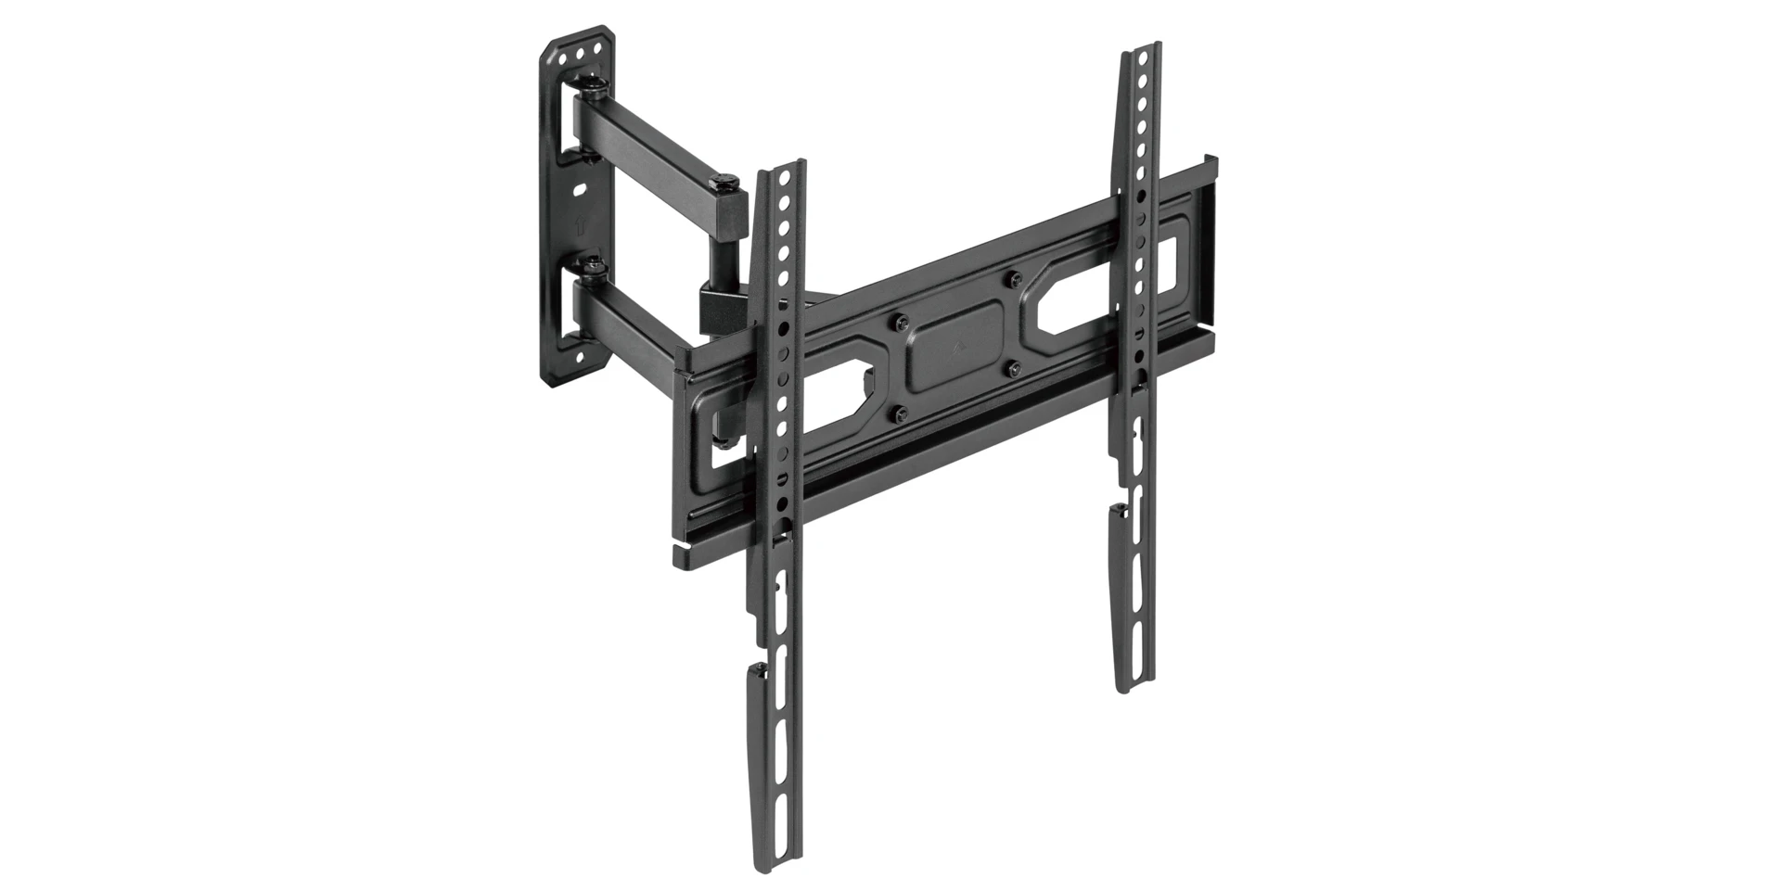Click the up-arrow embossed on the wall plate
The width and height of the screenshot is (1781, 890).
(x=578, y=225)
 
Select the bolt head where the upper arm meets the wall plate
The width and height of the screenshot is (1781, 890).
(x=595, y=88)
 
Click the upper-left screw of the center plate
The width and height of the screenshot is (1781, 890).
(x=899, y=323)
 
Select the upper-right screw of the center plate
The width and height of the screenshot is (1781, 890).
(x=1015, y=277)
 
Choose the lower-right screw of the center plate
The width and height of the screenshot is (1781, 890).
(x=1014, y=368)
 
